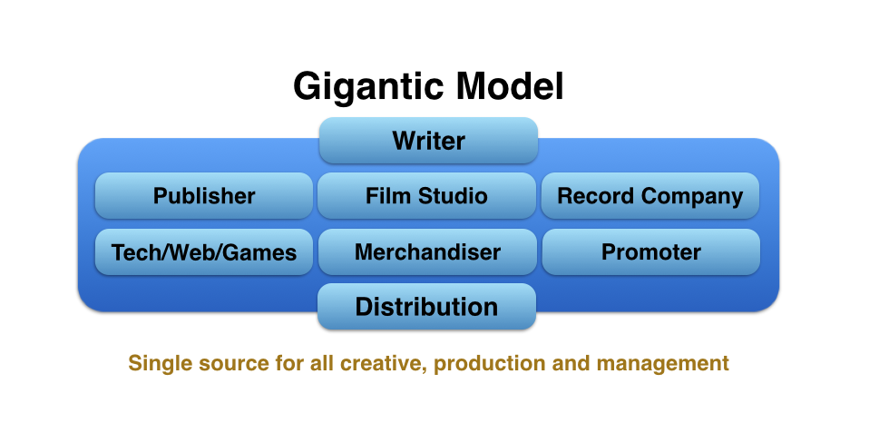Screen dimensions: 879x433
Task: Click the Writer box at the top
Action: click(428, 140)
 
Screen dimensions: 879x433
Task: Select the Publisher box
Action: click(204, 196)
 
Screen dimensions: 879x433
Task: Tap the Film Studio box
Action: click(426, 196)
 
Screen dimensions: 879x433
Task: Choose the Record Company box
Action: click(650, 196)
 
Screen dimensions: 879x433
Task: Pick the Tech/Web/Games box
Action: click(204, 251)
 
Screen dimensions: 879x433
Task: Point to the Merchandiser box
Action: click(428, 251)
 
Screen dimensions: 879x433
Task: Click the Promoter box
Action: click(650, 251)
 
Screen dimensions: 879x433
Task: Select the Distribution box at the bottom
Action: click(426, 306)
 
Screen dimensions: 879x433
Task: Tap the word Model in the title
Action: click(509, 86)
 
